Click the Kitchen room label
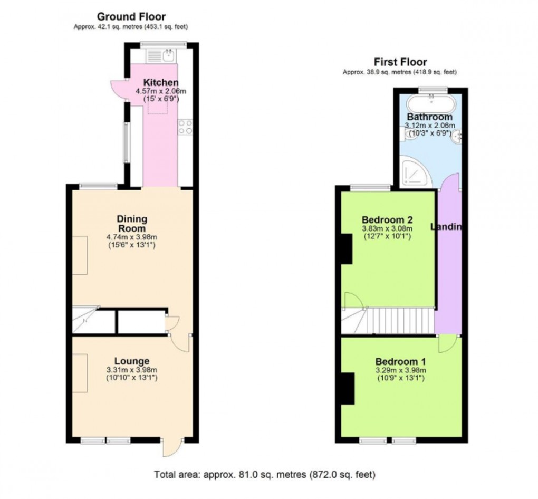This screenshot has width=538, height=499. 161,83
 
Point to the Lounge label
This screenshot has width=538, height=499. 132,361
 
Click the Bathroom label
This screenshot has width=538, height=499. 429,117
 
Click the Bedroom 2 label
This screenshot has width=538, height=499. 387,219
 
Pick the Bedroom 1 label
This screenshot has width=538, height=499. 400,362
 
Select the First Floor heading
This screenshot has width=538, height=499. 400,62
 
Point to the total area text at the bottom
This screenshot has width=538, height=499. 265,475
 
